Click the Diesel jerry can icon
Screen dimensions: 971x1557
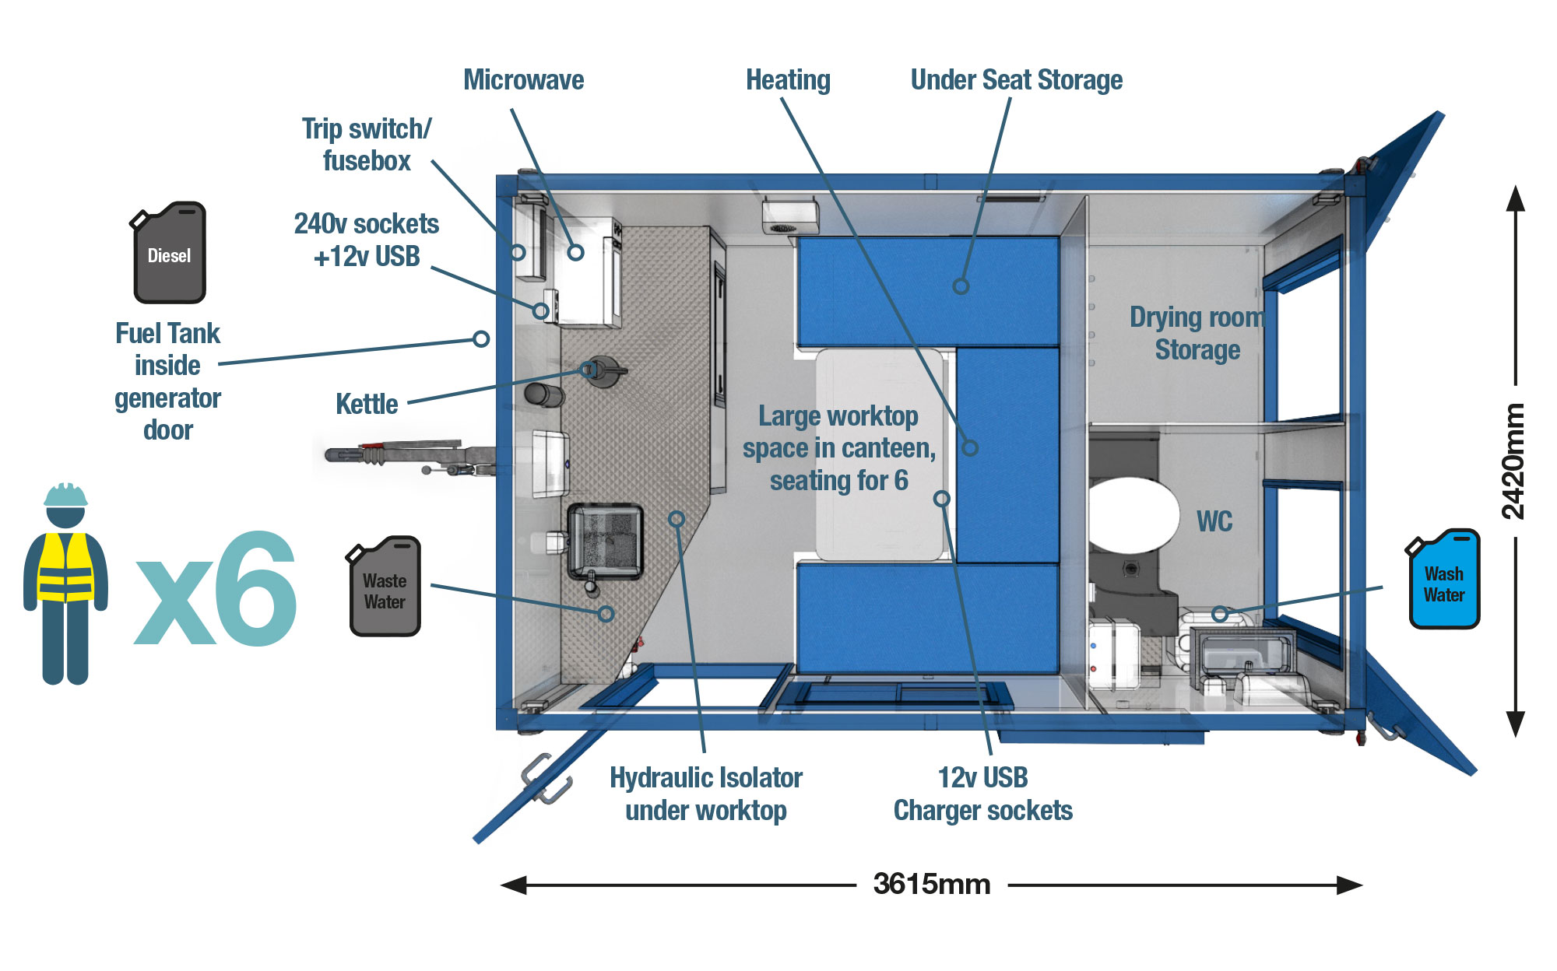pyautogui.click(x=169, y=254)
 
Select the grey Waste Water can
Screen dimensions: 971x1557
pyautogui.click(x=385, y=588)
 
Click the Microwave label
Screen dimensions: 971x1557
pyautogui.click(x=523, y=80)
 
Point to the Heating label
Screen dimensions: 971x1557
pyautogui.click(x=788, y=80)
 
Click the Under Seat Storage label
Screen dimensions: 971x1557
pyautogui.click(x=1016, y=80)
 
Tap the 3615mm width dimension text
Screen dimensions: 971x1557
pyautogui.click(x=931, y=885)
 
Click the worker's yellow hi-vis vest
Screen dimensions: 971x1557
pyautogui.click(x=65, y=569)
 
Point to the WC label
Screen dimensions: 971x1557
pyautogui.click(x=1214, y=521)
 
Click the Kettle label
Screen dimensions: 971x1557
pyautogui.click(x=366, y=405)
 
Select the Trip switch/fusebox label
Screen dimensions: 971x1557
pyautogui.click(x=366, y=145)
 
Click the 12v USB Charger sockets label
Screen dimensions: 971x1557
pyautogui.click(x=982, y=794)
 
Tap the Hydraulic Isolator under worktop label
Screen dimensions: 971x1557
pyautogui.click(x=705, y=794)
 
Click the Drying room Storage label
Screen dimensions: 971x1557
pyautogui.click(x=1197, y=334)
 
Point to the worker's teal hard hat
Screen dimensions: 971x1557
pyautogui.click(x=65, y=495)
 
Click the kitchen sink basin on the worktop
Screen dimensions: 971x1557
pyautogui.click(x=605, y=540)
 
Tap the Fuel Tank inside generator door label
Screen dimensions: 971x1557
pyautogui.click(x=167, y=381)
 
